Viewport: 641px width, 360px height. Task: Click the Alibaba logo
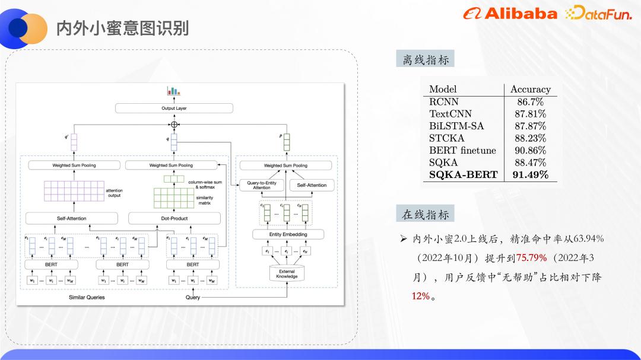tap(511, 14)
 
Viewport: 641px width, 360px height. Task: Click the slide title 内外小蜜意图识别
tap(122, 28)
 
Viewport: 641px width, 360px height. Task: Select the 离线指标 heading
tap(425, 59)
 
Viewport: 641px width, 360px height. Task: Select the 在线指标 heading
tap(425, 215)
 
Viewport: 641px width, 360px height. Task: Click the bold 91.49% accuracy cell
tap(530, 174)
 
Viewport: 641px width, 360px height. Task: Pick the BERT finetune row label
tap(462, 150)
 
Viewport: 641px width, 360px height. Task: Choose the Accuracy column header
tap(530, 89)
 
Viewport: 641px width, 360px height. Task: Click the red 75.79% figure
tap(531, 258)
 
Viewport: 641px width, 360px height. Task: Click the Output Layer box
tap(174, 109)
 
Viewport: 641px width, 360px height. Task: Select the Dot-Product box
tap(174, 218)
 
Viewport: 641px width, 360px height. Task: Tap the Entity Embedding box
tap(288, 234)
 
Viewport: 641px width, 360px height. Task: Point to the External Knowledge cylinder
tap(287, 273)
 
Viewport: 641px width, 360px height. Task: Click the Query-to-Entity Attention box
tap(261, 185)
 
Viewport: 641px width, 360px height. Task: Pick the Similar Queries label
tap(87, 297)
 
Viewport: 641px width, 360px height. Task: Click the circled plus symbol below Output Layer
tap(174, 125)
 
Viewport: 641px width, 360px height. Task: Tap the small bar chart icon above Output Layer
tap(173, 91)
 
